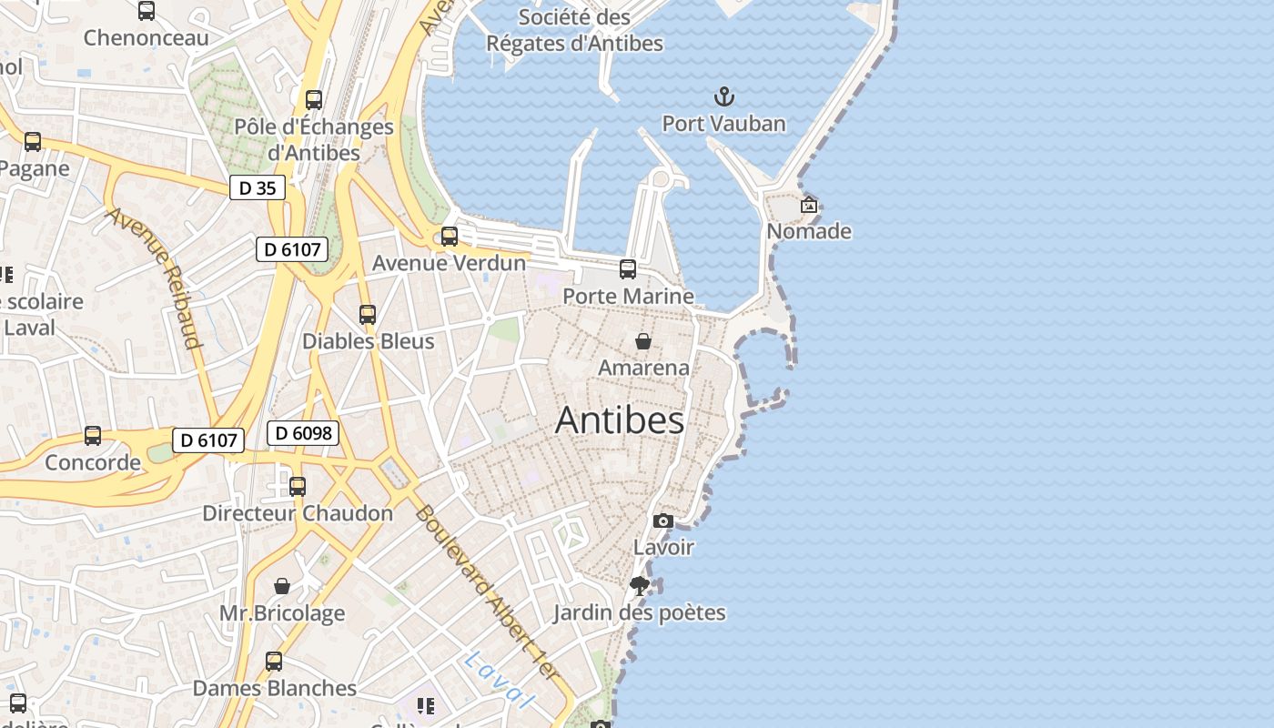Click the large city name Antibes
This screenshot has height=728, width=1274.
click(x=620, y=420)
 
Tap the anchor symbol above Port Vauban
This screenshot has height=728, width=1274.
click(x=723, y=96)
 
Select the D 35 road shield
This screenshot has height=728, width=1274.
click(x=258, y=188)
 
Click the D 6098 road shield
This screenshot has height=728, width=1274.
click(x=303, y=434)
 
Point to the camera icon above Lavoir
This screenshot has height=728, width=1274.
click(x=663, y=521)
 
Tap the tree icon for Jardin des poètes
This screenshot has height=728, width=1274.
click(x=640, y=586)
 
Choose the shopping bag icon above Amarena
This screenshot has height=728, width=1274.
click(x=643, y=341)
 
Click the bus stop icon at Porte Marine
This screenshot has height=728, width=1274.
click(x=628, y=269)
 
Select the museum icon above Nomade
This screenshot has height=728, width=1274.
click(x=808, y=205)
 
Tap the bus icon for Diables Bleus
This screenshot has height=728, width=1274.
click(x=368, y=315)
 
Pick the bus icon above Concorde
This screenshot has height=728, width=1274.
click(x=93, y=436)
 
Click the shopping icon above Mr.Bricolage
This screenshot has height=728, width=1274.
click(x=282, y=586)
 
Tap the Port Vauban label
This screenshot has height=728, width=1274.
click(x=723, y=124)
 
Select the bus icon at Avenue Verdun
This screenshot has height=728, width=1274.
click(x=450, y=237)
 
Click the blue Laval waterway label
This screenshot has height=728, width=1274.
click(x=497, y=681)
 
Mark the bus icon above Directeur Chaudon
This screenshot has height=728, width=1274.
click(x=298, y=486)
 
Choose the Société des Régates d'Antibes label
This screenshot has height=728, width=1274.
click(x=574, y=30)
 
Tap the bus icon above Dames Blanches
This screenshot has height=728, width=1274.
click(x=274, y=662)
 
